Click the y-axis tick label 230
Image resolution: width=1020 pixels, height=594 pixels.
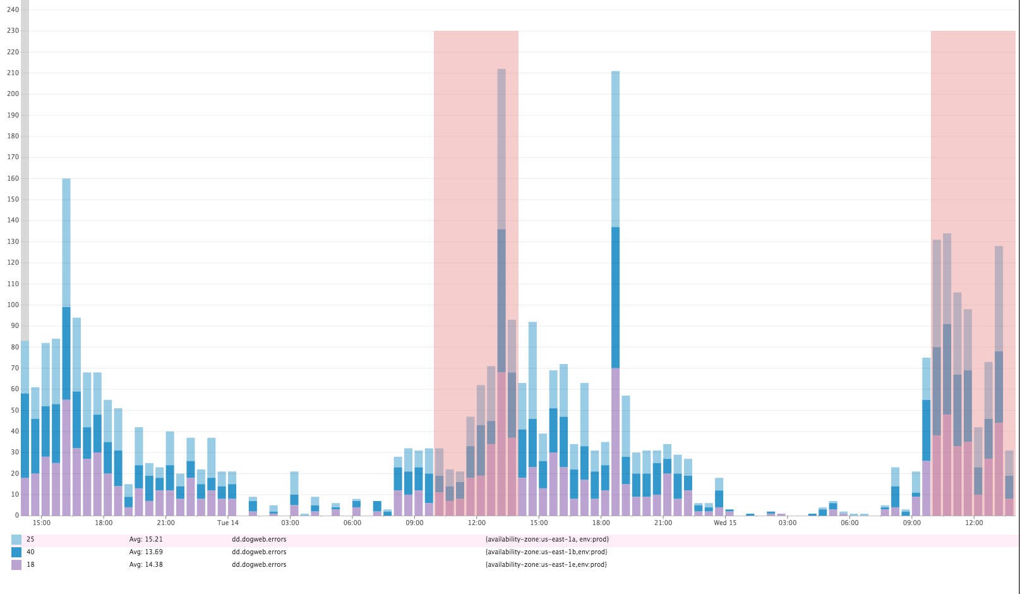[x=13, y=31]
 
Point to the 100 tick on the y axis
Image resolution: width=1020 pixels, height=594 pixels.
[x=13, y=305]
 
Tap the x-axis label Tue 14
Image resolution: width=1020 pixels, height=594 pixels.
[x=227, y=523]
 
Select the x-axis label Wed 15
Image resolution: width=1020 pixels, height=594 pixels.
[x=724, y=523]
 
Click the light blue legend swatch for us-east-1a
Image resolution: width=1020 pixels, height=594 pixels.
[x=16, y=540]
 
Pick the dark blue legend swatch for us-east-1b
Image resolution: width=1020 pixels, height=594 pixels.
[x=16, y=552]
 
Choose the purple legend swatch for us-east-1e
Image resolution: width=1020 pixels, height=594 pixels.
[x=16, y=565]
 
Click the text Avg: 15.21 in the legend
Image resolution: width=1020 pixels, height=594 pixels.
[x=146, y=540]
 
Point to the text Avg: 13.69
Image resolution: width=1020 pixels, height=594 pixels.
[x=146, y=552]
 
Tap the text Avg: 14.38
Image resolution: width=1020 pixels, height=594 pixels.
[x=146, y=565]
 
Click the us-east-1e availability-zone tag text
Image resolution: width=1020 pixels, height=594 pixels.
[x=546, y=565]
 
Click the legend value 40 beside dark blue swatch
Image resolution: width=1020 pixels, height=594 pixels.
[x=30, y=552]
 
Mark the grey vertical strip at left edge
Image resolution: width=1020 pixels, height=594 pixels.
[x=25, y=253]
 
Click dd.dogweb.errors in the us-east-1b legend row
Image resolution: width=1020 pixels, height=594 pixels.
[x=259, y=552]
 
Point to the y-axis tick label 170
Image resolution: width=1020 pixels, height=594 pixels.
[x=13, y=157]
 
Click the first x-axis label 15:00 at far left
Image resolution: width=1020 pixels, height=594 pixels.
[x=42, y=523]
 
